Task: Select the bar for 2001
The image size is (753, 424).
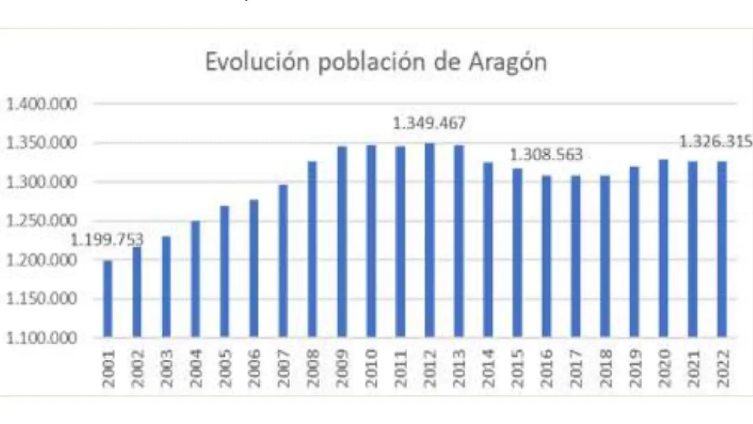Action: pos(108,299)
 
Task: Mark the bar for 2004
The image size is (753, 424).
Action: pos(195,279)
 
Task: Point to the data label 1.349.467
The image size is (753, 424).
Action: pos(429,124)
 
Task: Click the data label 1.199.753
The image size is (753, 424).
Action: pos(108,240)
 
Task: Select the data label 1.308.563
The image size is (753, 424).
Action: pos(546,155)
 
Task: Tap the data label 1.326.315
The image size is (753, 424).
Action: pos(716,142)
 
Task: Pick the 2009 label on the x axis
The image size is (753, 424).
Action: pos(342,368)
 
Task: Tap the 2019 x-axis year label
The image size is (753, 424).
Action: pos(634,368)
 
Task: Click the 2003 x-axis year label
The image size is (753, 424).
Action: pos(166,368)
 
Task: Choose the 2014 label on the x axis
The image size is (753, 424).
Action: pos(488,368)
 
